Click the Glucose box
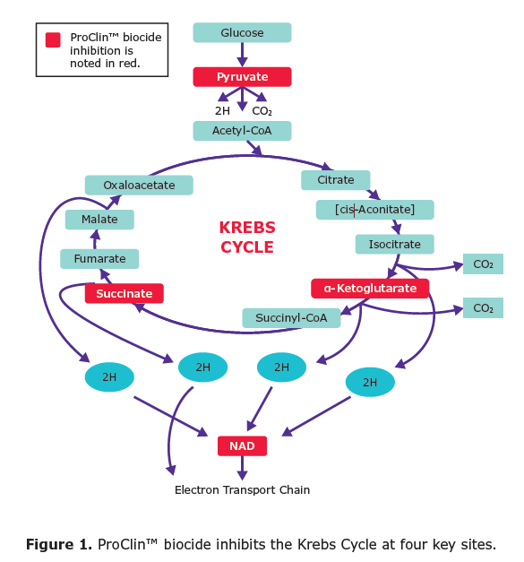click(242, 32)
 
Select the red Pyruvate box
click(242, 77)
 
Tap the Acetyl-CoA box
click(242, 131)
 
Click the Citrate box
click(336, 180)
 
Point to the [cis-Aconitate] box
click(375, 210)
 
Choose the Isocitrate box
click(395, 244)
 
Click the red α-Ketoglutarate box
click(370, 289)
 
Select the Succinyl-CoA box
click(291, 318)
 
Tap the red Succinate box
click(125, 293)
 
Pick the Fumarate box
click(99, 259)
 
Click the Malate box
click(99, 220)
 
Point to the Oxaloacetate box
click(139, 185)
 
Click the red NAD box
click(242, 445)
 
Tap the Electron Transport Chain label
click(242, 490)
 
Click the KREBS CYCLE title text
click(247, 238)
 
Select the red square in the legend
click(53, 39)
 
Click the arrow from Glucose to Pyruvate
click(242, 55)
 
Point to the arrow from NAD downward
click(242, 468)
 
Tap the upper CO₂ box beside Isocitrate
click(483, 264)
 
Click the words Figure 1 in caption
click(59, 544)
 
